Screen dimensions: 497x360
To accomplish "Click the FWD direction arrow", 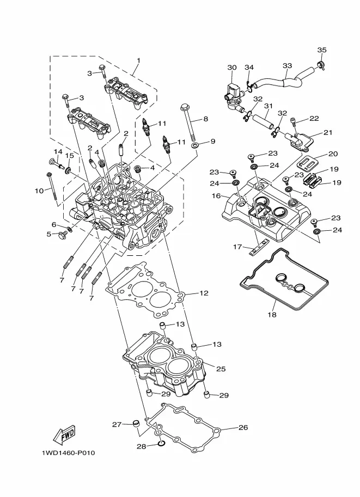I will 64,434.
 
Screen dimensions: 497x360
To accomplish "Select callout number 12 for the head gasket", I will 204,293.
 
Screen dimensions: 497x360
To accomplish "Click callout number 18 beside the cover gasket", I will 271,315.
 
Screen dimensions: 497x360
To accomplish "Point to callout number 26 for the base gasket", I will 243,427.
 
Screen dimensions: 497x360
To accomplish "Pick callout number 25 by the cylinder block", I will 221,369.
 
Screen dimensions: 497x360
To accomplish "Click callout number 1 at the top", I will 138,60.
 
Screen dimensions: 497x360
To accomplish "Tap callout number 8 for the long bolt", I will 205,119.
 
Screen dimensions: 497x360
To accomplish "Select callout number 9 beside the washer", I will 212,141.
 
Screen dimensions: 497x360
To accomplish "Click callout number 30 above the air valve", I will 232,68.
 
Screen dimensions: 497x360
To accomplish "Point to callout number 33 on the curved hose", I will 287,66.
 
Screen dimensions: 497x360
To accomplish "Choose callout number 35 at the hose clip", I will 321,50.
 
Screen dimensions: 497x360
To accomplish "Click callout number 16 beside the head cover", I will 216,195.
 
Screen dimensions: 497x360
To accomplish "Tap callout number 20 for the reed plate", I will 333,154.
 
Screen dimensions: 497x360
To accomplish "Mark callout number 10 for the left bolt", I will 38,191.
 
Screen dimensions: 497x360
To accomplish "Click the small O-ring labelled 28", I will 161,444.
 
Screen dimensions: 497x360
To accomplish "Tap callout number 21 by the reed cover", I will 328,132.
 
